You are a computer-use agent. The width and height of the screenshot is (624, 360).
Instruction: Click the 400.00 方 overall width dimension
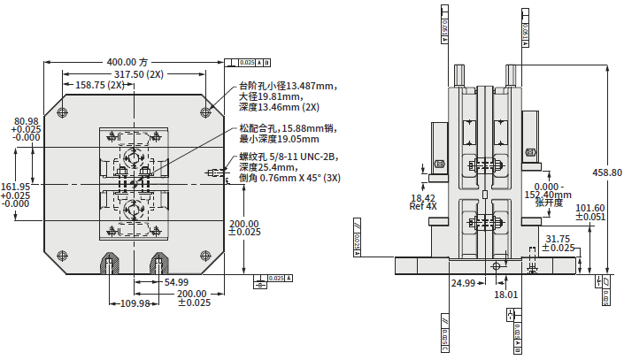(127, 62)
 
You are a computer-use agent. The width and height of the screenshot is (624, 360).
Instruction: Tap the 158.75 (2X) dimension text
(100, 86)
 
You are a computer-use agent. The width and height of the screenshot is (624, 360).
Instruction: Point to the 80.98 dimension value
(26, 121)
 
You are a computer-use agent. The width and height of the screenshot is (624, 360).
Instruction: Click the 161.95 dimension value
(16, 187)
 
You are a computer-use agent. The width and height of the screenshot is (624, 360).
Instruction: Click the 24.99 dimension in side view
(464, 283)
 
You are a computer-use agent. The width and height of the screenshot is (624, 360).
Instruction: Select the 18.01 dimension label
(505, 294)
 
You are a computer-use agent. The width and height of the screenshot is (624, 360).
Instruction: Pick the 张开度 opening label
(550, 201)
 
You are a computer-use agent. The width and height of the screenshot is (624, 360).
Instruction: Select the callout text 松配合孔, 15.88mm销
(285, 128)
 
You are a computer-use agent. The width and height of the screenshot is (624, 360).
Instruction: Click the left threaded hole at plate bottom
(109, 263)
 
